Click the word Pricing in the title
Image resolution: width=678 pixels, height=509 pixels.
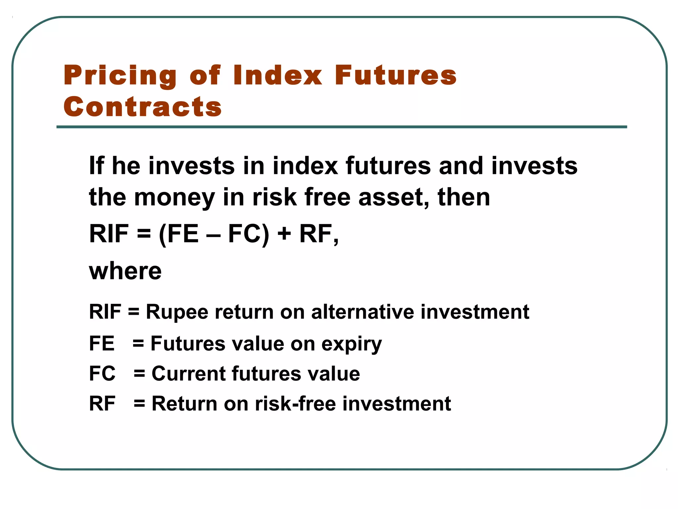(x=120, y=76)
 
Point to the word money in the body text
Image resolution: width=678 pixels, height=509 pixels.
(x=174, y=198)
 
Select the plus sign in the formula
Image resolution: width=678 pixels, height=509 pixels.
(x=284, y=234)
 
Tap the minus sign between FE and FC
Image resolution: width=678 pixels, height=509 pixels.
(x=213, y=234)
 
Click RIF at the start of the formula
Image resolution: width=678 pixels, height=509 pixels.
(x=109, y=234)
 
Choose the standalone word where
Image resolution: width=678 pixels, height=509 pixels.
(x=125, y=271)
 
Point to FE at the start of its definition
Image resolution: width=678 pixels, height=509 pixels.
(x=102, y=343)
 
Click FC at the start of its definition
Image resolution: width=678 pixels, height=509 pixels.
(x=102, y=373)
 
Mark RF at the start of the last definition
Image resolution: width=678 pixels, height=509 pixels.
(x=102, y=404)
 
